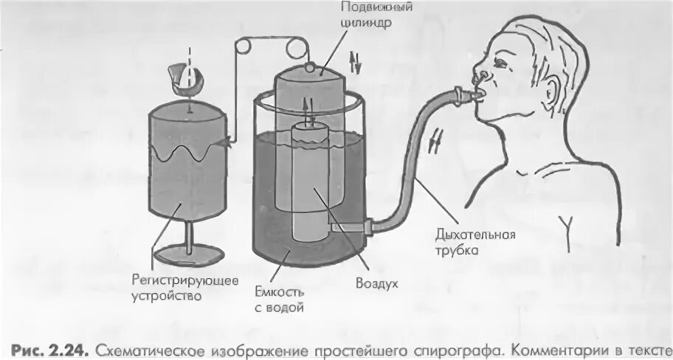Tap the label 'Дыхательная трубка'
click(x=476, y=243)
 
